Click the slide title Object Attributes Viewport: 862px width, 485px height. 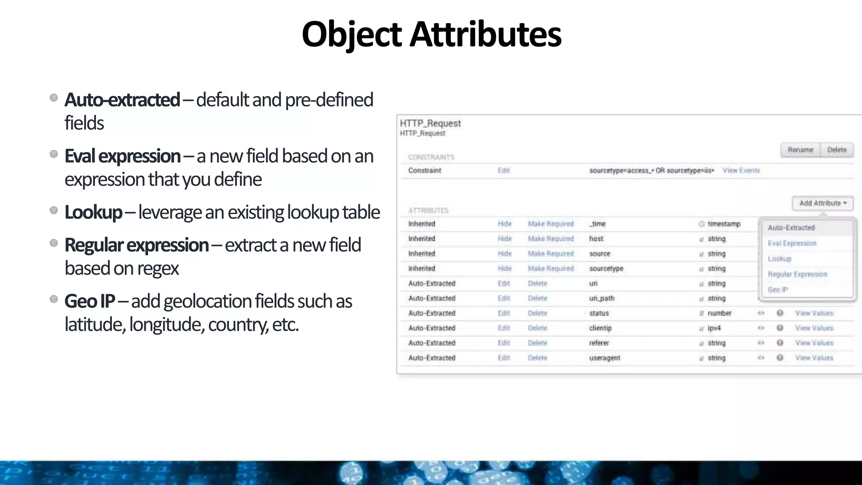click(x=431, y=35)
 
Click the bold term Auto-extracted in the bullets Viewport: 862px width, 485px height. click(x=122, y=100)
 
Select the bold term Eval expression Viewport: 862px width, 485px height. click(x=122, y=156)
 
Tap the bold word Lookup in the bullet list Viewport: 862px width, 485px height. click(x=93, y=212)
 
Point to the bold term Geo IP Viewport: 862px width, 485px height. click(x=89, y=301)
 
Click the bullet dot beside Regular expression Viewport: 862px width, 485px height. click(x=53, y=243)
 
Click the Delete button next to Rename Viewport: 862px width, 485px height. click(x=836, y=150)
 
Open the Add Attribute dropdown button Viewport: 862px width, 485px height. click(x=822, y=203)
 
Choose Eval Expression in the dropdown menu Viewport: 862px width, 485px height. click(x=792, y=243)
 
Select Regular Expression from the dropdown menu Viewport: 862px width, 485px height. click(x=797, y=274)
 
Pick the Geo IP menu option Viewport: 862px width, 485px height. click(x=777, y=290)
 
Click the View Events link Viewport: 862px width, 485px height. click(x=741, y=171)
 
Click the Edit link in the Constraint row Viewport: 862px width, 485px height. click(x=503, y=171)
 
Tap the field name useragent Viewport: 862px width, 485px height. click(x=604, y=358)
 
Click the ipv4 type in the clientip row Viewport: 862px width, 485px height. click(x=714, y=328)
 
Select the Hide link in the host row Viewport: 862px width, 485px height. click(x=504, y=239)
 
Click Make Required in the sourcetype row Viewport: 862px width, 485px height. click(x=551, y=269)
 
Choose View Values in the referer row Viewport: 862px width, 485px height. click(x=814, y=343)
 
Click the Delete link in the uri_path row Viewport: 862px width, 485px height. click(x=537, y=298)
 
